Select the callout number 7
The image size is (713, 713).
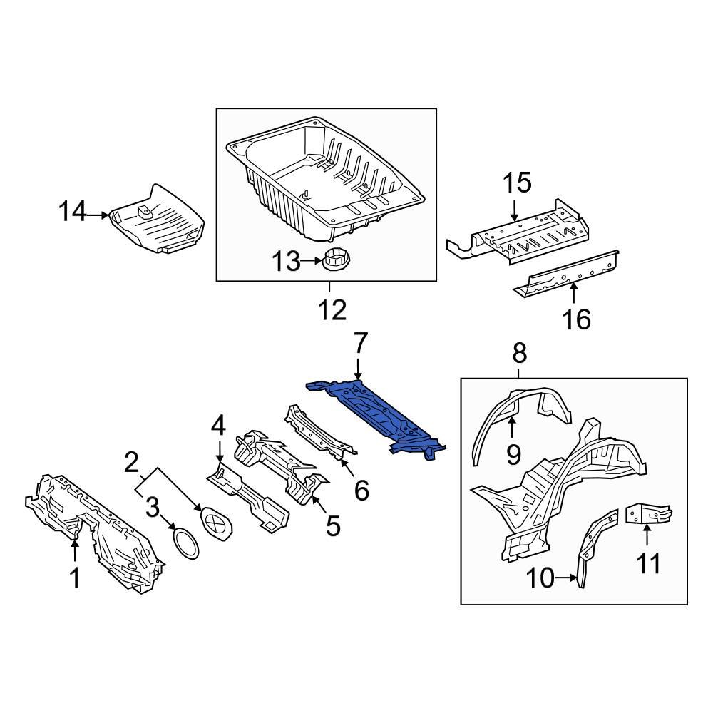[x=359, y=345]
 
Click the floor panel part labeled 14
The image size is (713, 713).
[x=157, y=222]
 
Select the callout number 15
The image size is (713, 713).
[x=518, y=183]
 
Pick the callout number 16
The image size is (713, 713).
[x=578, y=319]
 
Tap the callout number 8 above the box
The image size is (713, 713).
[x=519, y=352]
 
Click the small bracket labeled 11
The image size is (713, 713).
[x=648, y=514]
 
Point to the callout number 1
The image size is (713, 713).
[x=75, y=579]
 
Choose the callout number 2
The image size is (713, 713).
[x=130, y=463]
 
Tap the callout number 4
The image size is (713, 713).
[x=218, y=426]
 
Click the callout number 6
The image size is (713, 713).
[x=361, y=490]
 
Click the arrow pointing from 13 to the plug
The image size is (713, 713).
[x=312, y=262]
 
